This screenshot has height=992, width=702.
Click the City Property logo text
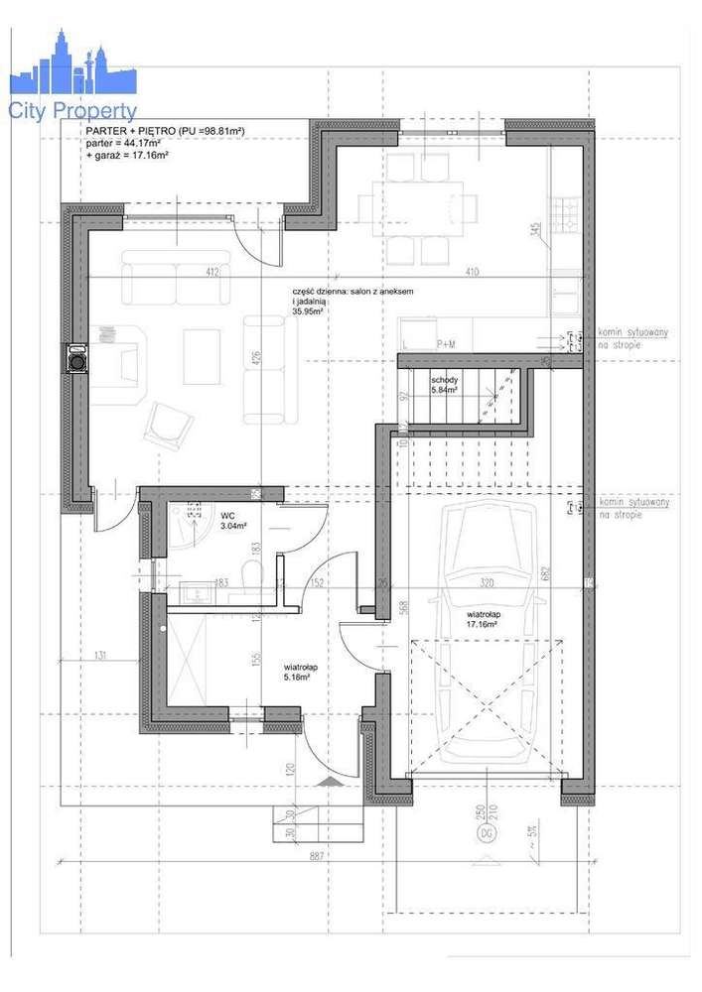tap(72, 111)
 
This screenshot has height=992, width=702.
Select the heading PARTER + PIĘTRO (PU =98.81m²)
tap(165, 131)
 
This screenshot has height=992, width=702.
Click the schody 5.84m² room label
tap(444, 386)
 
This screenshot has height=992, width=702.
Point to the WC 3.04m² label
tap(227, 520)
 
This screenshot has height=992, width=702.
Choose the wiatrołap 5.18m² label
tap(300, 673)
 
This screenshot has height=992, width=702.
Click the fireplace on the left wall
tap(76, 358)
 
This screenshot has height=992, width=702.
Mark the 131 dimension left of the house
tap(100, 655)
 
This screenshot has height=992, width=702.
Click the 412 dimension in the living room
tap(211, 271)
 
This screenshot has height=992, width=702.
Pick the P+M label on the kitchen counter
tap(446, 344)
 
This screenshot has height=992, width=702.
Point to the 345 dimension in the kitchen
tap(535, 230)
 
